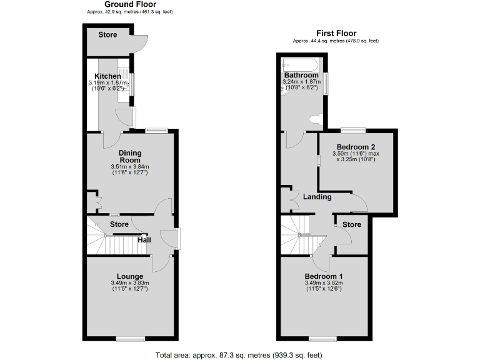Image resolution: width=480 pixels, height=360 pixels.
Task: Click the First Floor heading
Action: [336, 33]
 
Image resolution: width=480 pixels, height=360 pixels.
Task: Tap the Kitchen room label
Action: [107, 76]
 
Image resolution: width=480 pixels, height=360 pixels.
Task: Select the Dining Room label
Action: [130, 156]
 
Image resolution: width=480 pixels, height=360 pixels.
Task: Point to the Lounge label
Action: [130, 276]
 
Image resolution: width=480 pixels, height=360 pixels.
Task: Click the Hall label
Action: [144, 239]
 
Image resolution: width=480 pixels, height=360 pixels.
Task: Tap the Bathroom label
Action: [301, 75]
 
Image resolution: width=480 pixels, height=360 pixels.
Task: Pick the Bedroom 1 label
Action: [323, 276]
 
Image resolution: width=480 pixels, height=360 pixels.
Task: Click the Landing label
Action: [317, 197]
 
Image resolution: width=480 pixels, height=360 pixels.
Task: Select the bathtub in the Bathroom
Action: [301, 63]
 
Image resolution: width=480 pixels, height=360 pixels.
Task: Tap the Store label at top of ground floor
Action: [107, 35]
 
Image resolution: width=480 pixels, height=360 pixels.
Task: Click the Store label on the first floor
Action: [352, 225]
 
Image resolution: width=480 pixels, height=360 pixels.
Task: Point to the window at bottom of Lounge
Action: [130, 338]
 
